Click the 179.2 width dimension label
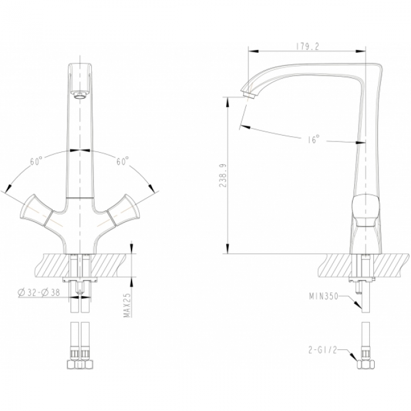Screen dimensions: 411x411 tap(308, 46)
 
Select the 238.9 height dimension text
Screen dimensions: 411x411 tap(223, 176)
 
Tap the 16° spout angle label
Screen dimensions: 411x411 tap(314, 139)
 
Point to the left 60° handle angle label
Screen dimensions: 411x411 tap(36, 161)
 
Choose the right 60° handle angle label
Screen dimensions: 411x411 tap(122, 161)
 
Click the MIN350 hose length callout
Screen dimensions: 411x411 tap(324, 297)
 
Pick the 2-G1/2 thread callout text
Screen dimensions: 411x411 tap(322, 350)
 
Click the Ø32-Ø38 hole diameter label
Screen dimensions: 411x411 tap(39, 292)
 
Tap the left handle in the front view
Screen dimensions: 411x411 tap(36, 210)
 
